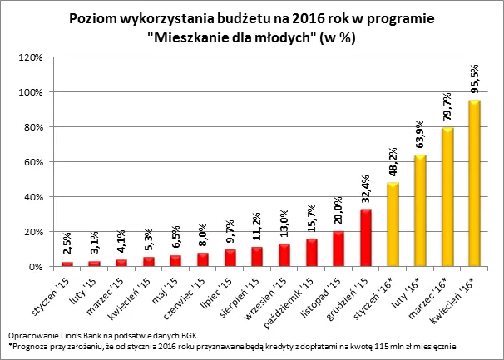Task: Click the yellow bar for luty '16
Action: [421, 211]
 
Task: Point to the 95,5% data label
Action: [474, 78]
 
